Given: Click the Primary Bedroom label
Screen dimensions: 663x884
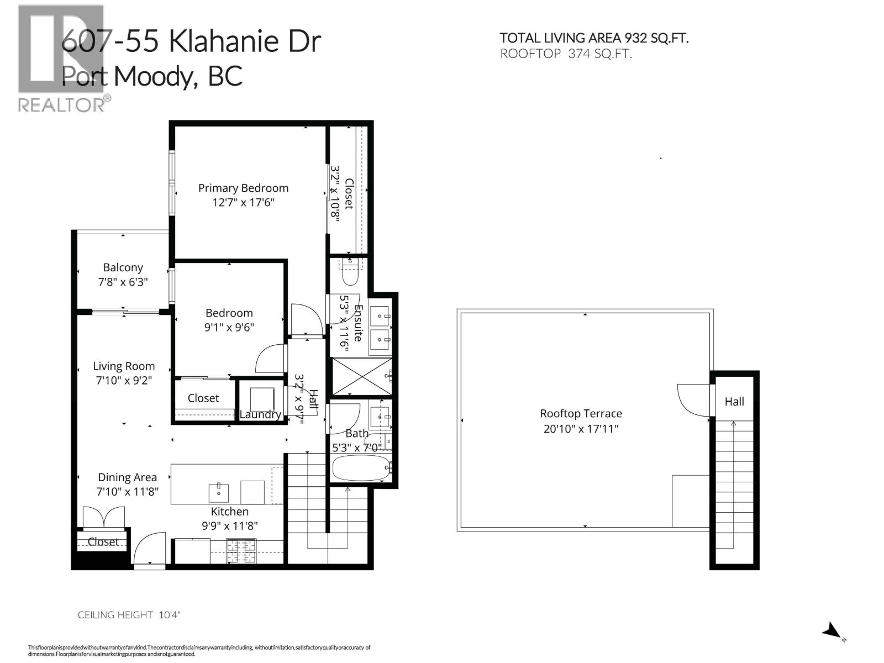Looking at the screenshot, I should coord(243,188).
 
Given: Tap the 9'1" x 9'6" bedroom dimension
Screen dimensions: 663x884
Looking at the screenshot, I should coord(229,327).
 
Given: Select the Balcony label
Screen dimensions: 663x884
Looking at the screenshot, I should coord(123,267).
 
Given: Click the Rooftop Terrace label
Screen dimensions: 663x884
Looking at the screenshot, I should coord(581,413).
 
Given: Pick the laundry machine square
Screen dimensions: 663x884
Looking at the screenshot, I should coord(262,398).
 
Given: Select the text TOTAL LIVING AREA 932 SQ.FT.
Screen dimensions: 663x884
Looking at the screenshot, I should coord(594,38).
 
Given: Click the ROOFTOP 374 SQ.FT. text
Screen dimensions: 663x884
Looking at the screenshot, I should coord(566,54).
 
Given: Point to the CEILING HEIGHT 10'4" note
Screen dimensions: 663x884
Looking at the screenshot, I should coord(129,614).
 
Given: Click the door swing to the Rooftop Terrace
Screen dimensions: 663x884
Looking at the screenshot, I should coord(692,399).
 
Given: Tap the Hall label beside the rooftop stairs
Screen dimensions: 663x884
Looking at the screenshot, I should coord(734,402).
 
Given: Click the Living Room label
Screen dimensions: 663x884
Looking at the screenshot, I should coord(123,366).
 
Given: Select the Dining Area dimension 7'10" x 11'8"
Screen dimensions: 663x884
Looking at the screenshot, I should coord(128,491).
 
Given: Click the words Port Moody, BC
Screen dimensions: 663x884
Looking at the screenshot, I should coord(152,76).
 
